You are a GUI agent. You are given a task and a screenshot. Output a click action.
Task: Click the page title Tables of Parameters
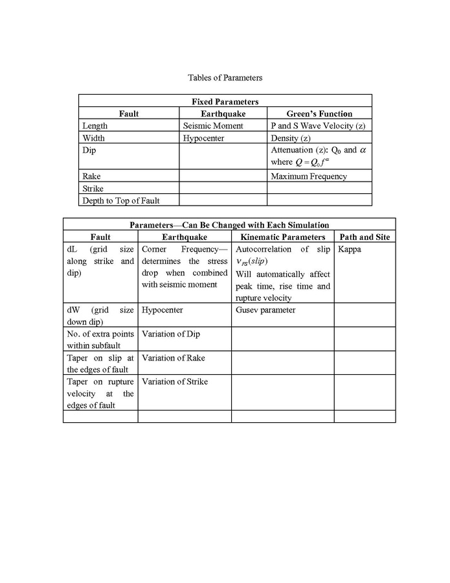coord(225,78)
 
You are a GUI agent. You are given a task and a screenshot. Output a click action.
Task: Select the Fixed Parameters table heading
coord(225,101)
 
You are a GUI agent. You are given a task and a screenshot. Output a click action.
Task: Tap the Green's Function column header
coord(319,113)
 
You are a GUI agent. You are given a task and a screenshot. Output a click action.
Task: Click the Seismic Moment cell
coord(213,126)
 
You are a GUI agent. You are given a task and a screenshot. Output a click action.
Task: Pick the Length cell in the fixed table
coord(95,126)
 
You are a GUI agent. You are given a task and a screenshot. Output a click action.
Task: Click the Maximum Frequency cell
coord(309,176)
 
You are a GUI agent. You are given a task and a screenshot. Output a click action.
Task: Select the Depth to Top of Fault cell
coord(121,200)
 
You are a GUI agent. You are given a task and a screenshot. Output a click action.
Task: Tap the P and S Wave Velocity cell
coord(318,126)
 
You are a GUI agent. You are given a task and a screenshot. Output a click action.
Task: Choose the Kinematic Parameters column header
coord(282,237)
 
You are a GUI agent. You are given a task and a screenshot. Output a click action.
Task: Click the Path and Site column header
coord(365,237)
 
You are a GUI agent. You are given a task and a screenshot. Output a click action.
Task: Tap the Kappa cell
coord(350,249)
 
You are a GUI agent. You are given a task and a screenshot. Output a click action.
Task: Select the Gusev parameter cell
coord(265,310)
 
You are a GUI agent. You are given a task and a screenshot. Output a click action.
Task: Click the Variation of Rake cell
coord(175,358)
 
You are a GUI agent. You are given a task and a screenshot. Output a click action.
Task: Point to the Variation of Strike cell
coord(175,382)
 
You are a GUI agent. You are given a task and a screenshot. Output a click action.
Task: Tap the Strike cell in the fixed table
coord(93,188)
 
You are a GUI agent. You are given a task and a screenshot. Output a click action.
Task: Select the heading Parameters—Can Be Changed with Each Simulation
coord(229,224)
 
